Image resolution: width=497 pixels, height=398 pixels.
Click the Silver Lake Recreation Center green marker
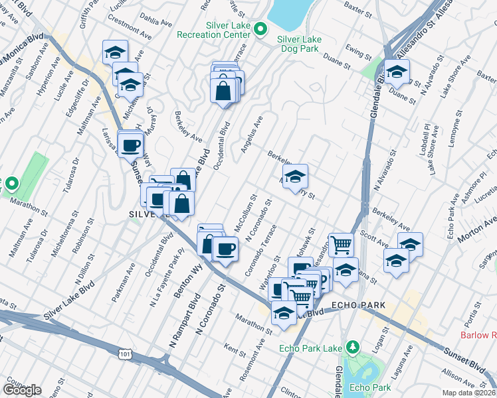[261, 29]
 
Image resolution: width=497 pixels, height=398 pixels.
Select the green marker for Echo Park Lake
[353, 347]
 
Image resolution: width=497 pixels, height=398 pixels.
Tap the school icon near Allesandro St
[397, 73]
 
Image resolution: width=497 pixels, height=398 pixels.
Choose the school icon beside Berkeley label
[295, 177]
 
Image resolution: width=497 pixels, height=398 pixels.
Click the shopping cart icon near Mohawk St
[341, 245]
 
